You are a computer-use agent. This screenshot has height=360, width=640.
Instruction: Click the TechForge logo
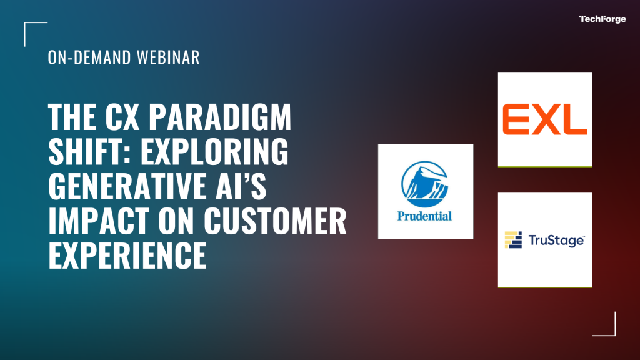click(x=602, y=19)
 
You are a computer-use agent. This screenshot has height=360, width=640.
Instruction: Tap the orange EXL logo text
click(x=545, y=119)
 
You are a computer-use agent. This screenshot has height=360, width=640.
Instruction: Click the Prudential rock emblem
click(x=424, y=184)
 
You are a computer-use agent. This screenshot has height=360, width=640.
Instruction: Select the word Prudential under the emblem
click(x=424, y=216)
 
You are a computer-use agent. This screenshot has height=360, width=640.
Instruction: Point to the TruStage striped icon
click(x=513, y=240)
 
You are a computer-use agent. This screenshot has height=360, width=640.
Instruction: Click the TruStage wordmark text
click(x=556, y=241)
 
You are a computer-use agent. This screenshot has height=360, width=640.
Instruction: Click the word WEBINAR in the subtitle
click(x=168, y=57)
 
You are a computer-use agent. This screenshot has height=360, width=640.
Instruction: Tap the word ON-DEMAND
click(x=89, y=57)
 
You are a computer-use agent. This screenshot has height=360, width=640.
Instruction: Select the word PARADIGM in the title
click(x=220, y=116)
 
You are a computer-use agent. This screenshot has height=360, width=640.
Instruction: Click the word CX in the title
click(x=122, y=116)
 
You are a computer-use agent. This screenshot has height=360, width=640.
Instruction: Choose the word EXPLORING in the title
click(x=215, y=151)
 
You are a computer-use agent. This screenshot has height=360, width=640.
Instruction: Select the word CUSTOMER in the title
click(x=275, y=221)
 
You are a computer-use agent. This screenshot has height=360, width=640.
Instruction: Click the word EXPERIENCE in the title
click(x=127, y=255)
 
